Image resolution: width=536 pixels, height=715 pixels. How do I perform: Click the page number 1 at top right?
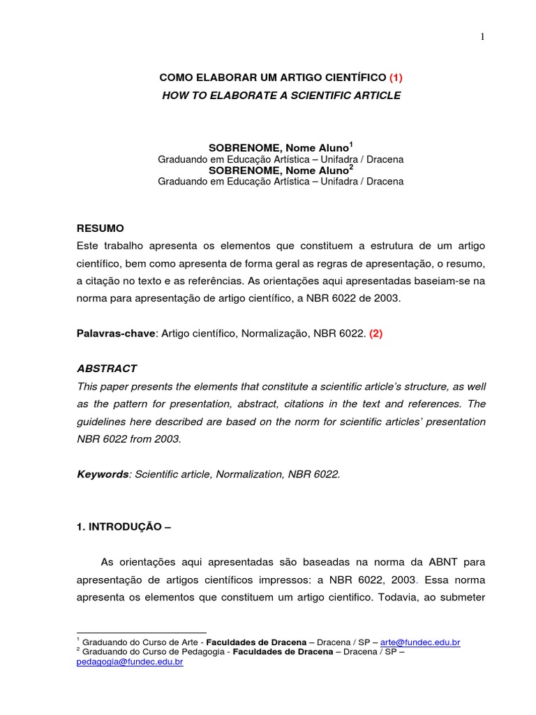482,37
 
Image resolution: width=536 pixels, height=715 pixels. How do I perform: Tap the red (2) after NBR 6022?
376,333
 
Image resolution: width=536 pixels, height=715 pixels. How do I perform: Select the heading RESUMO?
100,228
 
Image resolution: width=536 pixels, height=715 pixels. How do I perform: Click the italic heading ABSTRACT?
107,368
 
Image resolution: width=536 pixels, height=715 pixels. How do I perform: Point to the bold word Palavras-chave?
117,333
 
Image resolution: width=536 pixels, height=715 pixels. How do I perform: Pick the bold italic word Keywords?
102,474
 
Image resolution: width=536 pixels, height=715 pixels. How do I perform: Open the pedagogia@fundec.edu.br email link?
129,661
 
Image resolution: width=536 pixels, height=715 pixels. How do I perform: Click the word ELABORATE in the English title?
244,95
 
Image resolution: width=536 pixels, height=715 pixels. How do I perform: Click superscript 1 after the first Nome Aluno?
351,145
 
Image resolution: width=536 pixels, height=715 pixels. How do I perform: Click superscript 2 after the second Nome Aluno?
351,167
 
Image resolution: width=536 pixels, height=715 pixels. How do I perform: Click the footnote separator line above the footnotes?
141,633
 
